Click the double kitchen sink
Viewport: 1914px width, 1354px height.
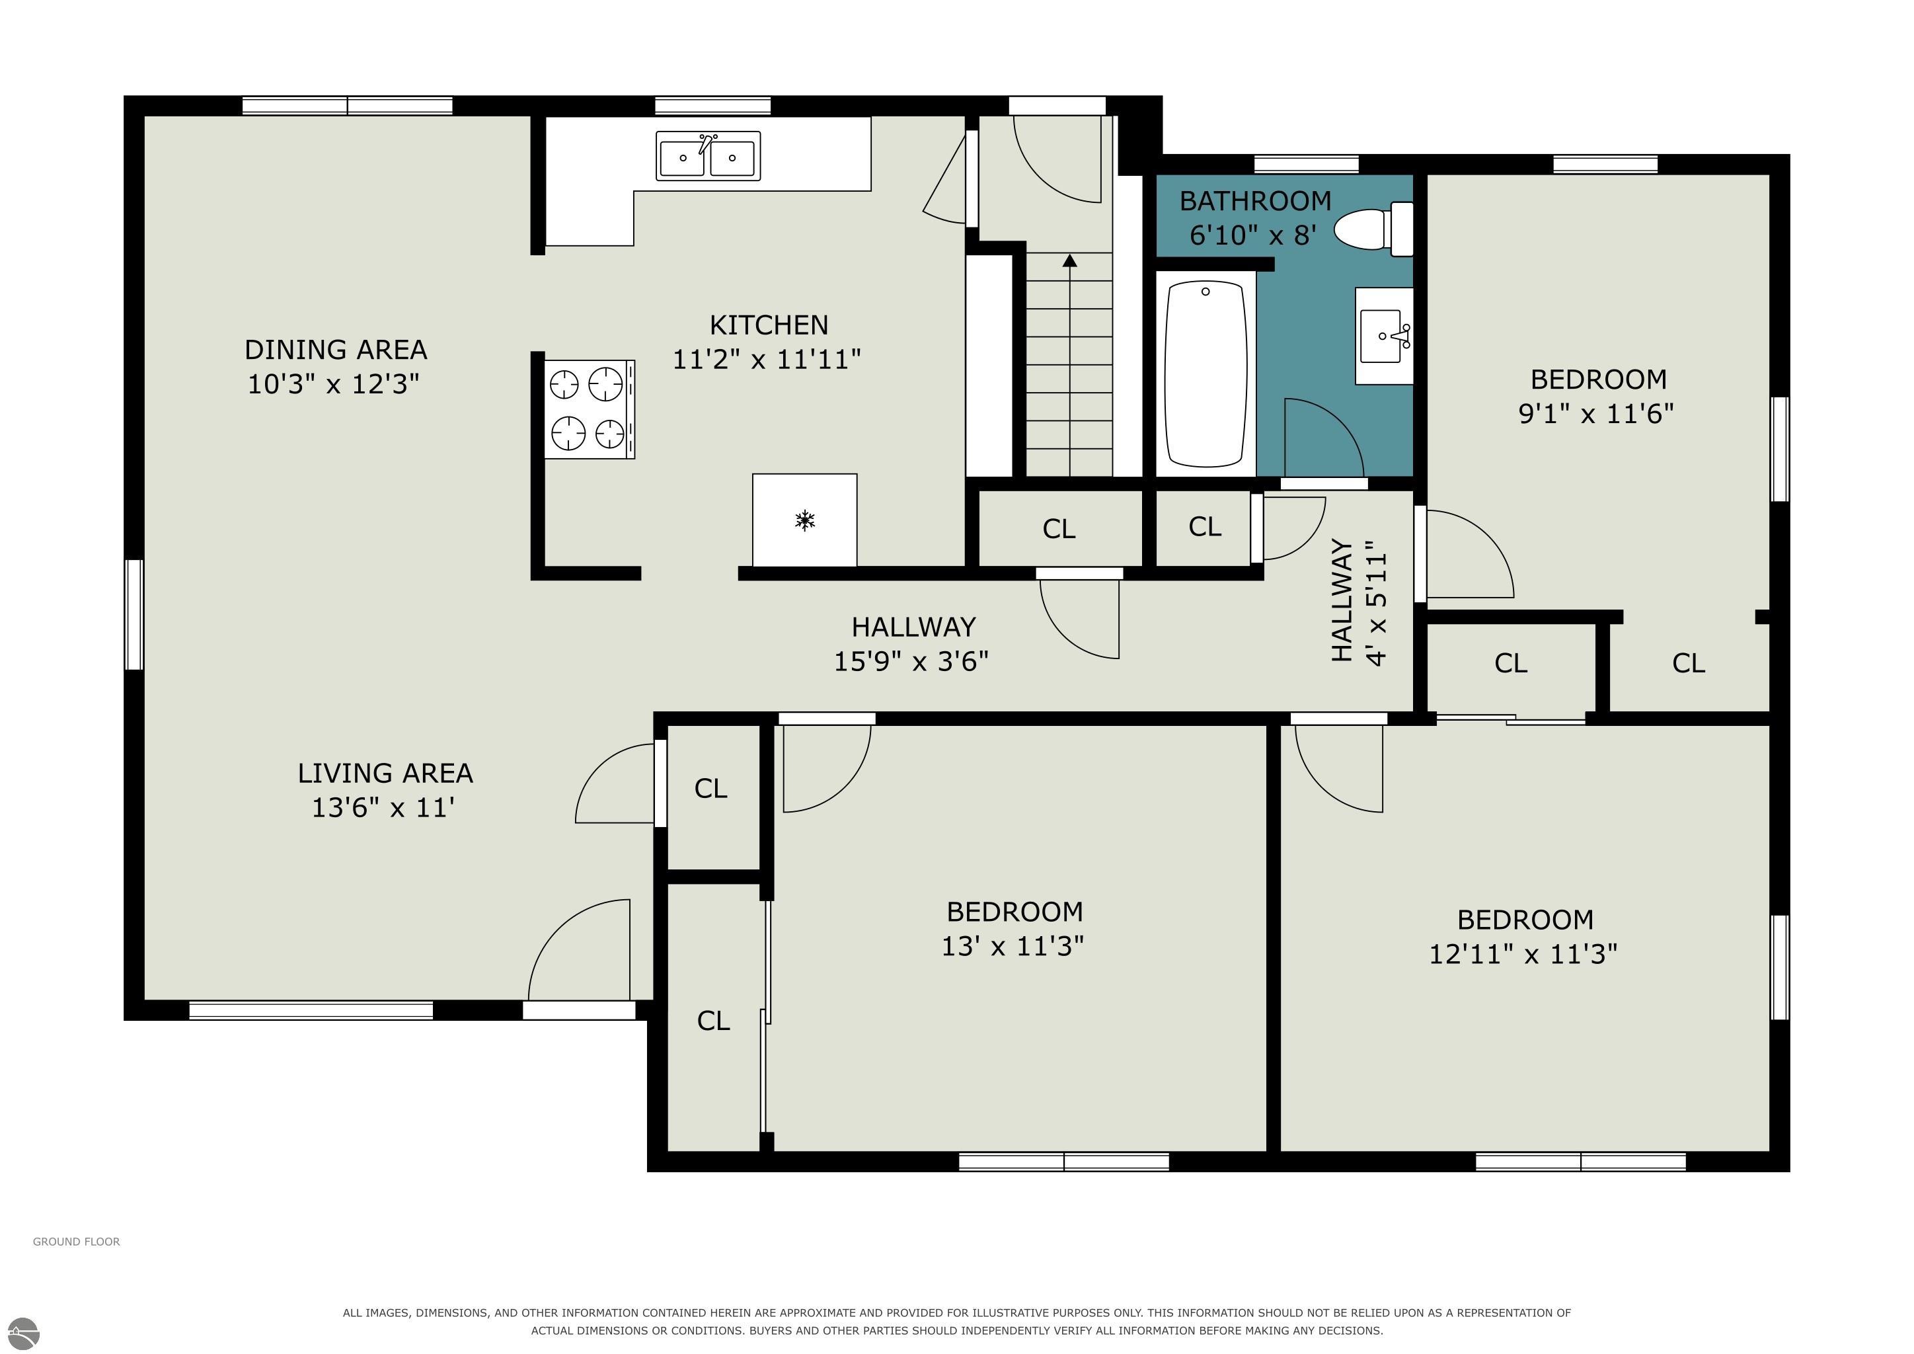[x=708, y=156]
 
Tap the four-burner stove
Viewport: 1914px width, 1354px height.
[x=590, y=409]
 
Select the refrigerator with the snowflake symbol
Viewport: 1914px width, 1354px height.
[x=804, y=520]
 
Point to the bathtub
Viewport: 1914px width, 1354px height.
[x=1206, y=374]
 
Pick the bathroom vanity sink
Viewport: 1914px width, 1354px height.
[x=1384, y=336]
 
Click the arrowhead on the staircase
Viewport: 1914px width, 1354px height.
[x=1069, y=261]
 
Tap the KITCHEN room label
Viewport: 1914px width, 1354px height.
[x=769, y=325]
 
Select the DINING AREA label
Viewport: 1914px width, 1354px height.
[x=336, y=349]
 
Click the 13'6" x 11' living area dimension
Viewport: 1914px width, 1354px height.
[x=383, y=808]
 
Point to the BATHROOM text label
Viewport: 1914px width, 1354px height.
[x=1256, y=201]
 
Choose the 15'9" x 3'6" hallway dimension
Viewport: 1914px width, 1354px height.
[x=911, y=661]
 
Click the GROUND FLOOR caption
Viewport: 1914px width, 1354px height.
[x=77, y=1242]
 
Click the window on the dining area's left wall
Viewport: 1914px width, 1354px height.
[x=134, y=614]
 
